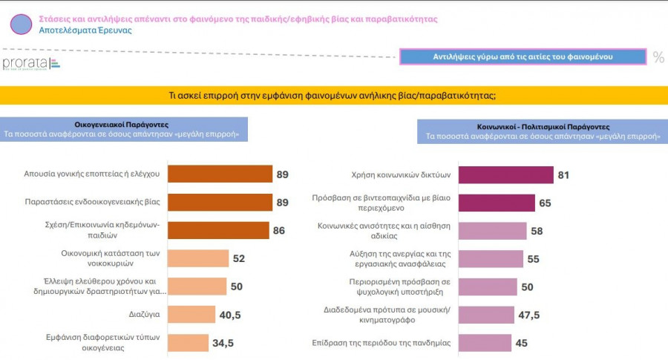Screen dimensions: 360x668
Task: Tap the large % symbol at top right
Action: click(x=658, y=57)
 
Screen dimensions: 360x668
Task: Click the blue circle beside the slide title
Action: click(x=22, y=24)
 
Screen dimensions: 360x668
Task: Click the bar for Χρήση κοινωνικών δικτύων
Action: click(x=505, y=175)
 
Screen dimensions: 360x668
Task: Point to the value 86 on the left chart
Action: click(x=279, y=231)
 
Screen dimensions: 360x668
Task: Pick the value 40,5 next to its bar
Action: click(x=230, y=315)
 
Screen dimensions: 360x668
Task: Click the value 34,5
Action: click(x=222, y=343)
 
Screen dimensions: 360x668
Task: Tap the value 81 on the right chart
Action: click(x=564, y=175)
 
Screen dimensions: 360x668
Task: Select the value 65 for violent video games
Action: click(x=545, y=203)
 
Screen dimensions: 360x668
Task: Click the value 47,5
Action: click(x=529, y=315)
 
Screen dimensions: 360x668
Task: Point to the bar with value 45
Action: click(x=485, y=343)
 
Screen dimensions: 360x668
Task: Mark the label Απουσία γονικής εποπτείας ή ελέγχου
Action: click(x=92, y=174)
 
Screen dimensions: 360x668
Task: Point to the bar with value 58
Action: click(x=492, y=231)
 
